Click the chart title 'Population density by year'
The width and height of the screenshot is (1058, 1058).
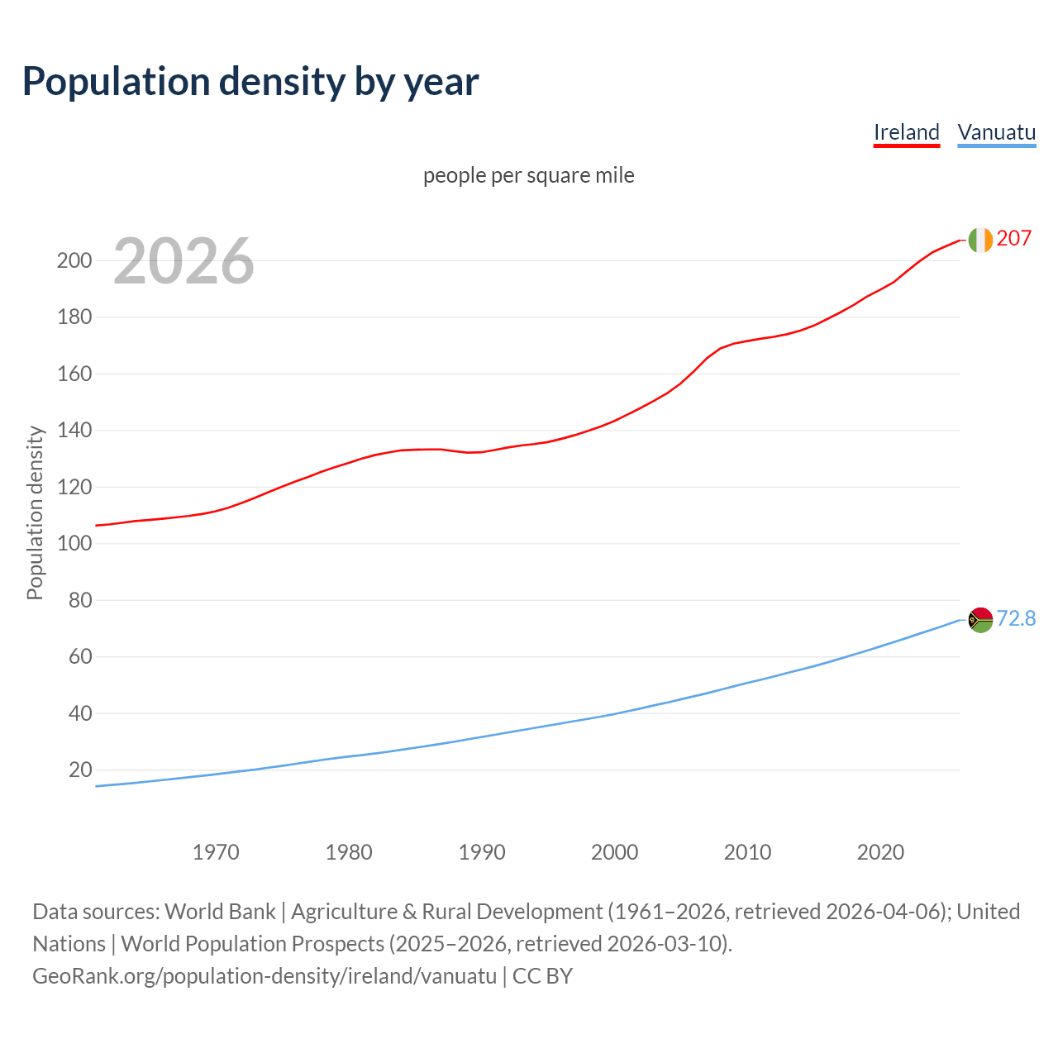click(x=250, y=82)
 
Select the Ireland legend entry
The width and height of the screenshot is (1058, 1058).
click(x=907, y=132)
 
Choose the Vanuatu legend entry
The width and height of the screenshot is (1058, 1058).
click(x=996, y=132)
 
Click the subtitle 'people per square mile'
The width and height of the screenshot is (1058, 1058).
click(x=528, y=175)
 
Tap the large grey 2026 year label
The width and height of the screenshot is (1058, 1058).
click(x=183, y=261)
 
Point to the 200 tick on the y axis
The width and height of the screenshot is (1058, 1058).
click(x=74, y=260)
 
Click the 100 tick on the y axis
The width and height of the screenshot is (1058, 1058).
click(x=74, y=544)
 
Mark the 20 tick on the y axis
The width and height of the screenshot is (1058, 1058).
click(x=80, y=770)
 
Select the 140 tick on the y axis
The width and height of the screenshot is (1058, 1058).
click(x=74, y=431)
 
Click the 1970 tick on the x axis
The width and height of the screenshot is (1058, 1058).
click(x=216, y=852)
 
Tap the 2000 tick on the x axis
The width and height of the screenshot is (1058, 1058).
click(x=614, y=852)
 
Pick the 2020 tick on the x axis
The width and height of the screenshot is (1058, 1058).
click(x=880, y=852)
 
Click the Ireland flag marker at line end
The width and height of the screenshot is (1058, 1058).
click(x=980, y=240)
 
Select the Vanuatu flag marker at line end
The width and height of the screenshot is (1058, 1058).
click(x=980, y=619)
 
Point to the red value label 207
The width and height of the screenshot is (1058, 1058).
click(x=1014, y=239)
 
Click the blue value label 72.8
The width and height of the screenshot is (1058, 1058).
click(x=1016, y=618)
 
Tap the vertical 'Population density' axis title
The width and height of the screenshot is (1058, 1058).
click(x=35, y=512)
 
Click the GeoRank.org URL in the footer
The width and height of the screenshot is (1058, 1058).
click(x=264, y=976)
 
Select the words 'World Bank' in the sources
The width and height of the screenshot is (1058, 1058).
click(x=220, y=912)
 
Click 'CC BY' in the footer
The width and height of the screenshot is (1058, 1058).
click(x=542, y=976)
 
